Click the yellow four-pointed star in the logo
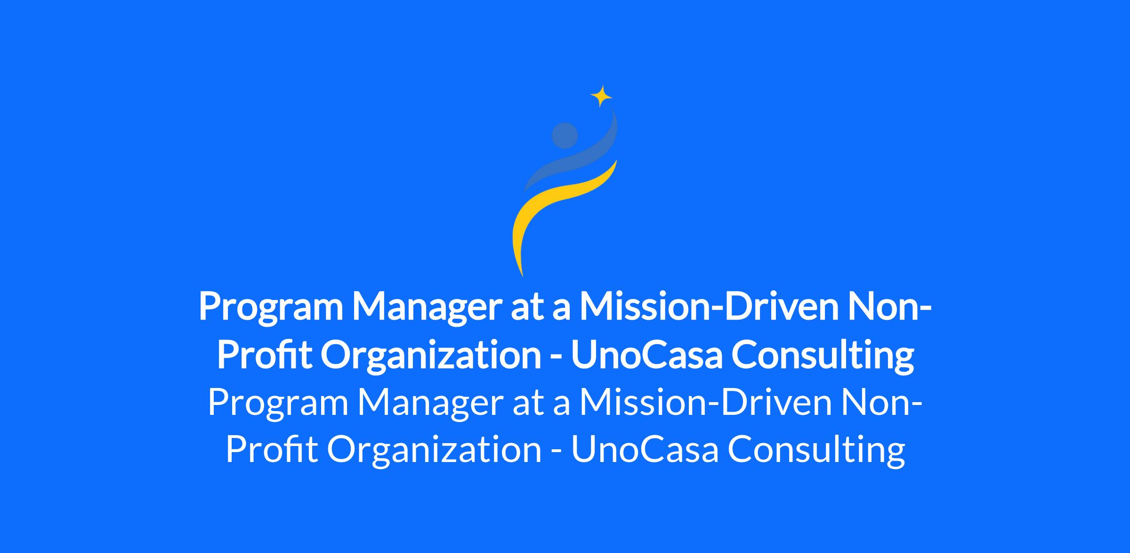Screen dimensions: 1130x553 [x=601, y=97]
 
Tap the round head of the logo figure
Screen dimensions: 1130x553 [x=565, y=135]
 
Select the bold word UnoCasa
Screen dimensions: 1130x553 [x=646, y=356]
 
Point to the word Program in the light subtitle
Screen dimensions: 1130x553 [x=278, y=404]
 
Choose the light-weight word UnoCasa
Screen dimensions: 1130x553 [x=645, y=450]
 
